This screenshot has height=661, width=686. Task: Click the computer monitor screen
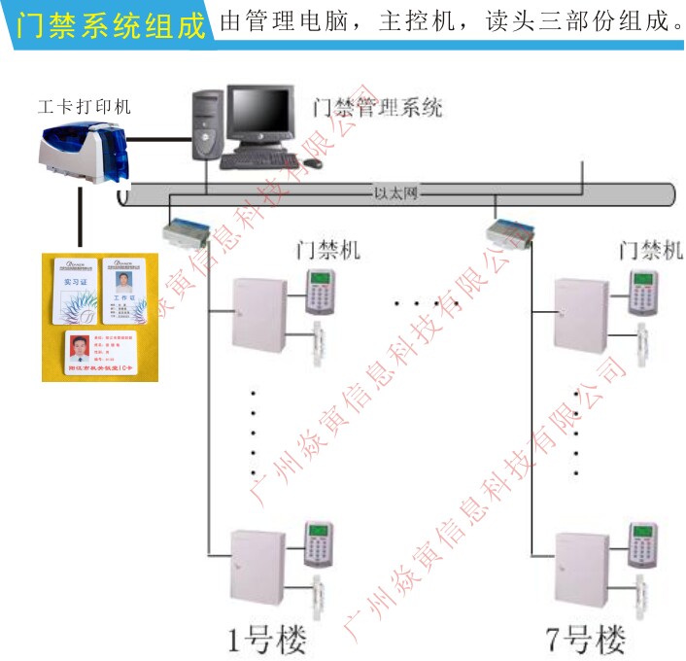pyautogui.click(x=259, y=115)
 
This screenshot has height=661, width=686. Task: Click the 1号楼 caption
pyautogui.click(x=266, y=639)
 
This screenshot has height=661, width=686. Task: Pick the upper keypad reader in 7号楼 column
pyautogui.click(x=641, y=292)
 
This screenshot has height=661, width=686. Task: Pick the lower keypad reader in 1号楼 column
pyautogui.click(x=318, y=545)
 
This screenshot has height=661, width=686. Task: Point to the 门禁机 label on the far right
pyautogui.click(x=650, y=250)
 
